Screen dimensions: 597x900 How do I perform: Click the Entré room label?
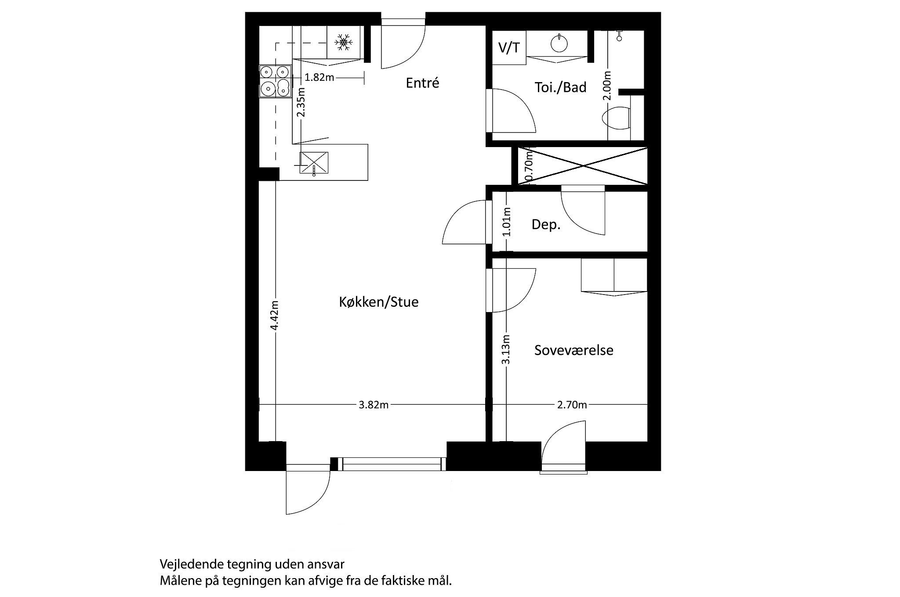click(422, 83)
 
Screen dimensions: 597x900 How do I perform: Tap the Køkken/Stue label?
click(378, 302)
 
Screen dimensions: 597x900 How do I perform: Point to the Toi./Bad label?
click(560, 87)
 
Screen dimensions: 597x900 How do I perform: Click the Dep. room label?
click(546, 225)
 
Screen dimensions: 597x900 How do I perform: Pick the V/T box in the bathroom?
click(509, 48)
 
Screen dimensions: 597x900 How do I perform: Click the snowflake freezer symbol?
click(343, 42)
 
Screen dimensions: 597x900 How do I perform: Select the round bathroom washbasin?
click(559, 43)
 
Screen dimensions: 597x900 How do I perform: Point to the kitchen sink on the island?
click(314, 162)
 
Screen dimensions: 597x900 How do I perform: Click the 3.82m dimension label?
click(374, 405)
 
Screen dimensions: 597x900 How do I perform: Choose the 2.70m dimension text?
click(572, 405)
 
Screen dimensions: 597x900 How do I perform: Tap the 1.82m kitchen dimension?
click(319, 78)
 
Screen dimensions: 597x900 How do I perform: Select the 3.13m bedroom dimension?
click(506, 349)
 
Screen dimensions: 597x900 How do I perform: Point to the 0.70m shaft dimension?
click(529, 166)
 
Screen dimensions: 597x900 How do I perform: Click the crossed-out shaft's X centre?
click(583, 166)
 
